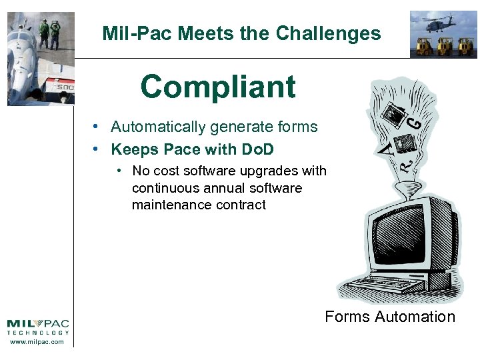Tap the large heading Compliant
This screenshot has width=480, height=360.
point(217,87)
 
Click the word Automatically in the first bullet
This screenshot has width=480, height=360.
point(158,127)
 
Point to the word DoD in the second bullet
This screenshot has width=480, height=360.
point(257,149)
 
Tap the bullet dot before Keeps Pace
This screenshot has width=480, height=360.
point(97,149)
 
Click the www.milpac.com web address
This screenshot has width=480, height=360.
point(38,343)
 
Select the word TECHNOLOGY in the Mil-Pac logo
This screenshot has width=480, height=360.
point(38,333)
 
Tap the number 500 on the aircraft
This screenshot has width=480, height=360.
point(64,87)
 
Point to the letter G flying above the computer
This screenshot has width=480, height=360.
point(414,122)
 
